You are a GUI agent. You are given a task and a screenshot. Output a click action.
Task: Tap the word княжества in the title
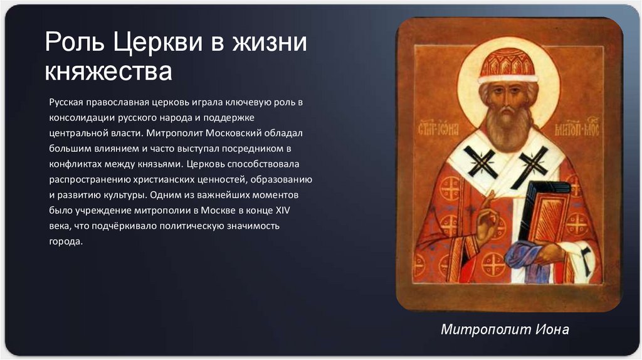(x=108, y=71)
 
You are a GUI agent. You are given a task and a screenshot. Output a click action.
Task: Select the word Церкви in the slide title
(x=161, y=44)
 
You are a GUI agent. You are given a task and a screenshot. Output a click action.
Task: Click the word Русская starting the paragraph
(x=66, y=101)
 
